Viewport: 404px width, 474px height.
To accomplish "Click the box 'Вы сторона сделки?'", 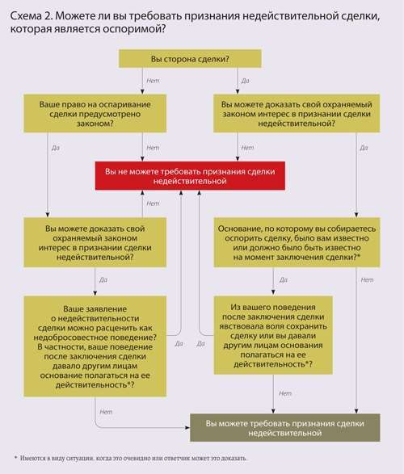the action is pyautogui.click(x=190, y=59).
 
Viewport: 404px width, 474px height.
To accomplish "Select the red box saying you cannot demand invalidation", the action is pyautogui.click(x=190, y=176).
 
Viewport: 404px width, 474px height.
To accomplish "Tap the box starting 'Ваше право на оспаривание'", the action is pyautogui.click(x=95, y=114).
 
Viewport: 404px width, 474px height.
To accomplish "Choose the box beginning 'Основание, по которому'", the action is pyautogui.click(x=297, y=242).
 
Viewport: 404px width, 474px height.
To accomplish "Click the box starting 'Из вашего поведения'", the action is pyautogui.click(x=273, y=335).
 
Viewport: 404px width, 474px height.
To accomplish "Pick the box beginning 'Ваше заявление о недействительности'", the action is pyautogui.click(x=95, y=346).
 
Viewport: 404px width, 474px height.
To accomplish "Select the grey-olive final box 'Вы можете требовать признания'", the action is pyautogui.click(x=285, y=428).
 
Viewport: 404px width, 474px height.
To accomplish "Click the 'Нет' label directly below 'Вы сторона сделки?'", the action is pyautogui.click(x=153, y=81).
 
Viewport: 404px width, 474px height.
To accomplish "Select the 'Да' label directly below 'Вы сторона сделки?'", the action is pyautogui.click(x=246, y=81).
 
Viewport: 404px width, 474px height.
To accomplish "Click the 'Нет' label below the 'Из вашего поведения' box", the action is pyautogui.click(x=285, y=393).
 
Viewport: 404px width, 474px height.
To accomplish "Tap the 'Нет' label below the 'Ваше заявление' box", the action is pyautogui.click(x=106, y=412).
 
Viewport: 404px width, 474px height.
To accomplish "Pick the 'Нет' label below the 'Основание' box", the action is pyautogui.click(x=367, y=280).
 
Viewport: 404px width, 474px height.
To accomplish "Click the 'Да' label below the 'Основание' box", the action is pyautogui.click(x=284, y=280).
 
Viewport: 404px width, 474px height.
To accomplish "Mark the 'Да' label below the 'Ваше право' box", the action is pyautogui.click(x=55, y=148).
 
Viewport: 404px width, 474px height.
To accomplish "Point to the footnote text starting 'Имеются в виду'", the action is pyautogui.click(x=133, y=459).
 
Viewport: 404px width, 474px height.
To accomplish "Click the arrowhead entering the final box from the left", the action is pyautogui.click(x=187, y=428).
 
